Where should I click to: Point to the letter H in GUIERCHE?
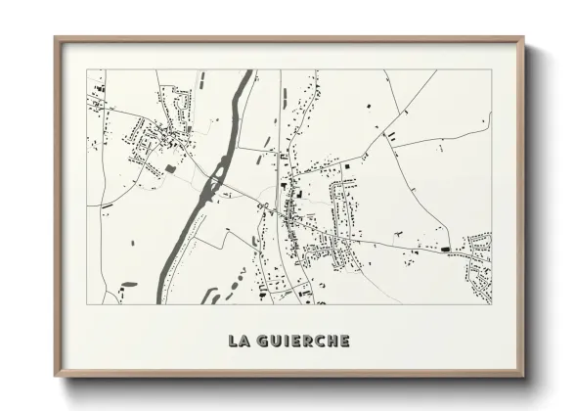click(x=329, y=341)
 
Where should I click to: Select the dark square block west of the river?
click(x=171, y=168)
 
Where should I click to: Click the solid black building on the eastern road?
click(x=447, y=251)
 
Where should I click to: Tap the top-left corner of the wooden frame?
click(x=57, y=40)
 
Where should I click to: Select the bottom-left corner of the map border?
click(x=87, y=302)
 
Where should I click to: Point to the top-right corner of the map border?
click(x=491, y=69)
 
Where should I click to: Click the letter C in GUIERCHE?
click(x=315, y=341)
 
